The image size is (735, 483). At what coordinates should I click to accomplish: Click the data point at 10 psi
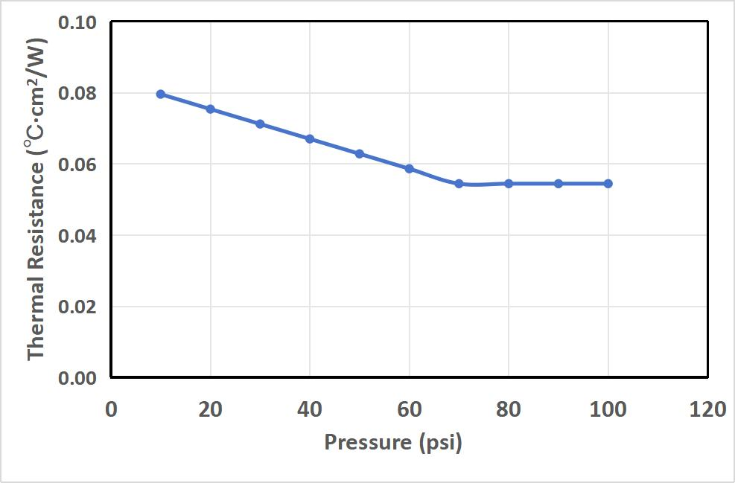(160, 94)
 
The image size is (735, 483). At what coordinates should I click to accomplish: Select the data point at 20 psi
(210, 109)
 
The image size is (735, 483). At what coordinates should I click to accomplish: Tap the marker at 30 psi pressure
(260, 124)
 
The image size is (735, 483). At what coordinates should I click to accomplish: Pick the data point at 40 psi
(310, 139)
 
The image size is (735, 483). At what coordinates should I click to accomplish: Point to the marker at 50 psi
(360, 154)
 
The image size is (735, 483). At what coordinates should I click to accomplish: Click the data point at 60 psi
(409, 169)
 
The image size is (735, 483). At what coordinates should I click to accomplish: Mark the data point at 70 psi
(459, 183)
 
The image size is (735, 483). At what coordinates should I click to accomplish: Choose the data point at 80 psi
(509, 183)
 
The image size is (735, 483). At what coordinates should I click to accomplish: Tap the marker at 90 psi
(559, 183)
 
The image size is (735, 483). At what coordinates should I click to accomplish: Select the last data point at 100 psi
(608, 183)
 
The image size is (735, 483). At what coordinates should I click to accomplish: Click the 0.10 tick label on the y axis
(77, 22)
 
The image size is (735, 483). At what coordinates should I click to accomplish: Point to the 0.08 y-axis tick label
(77, 94)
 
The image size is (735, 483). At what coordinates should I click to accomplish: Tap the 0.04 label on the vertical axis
(77, 236)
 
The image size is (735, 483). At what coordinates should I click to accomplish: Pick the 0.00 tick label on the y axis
(77, 378)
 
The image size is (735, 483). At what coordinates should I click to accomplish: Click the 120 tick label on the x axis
(707, 409)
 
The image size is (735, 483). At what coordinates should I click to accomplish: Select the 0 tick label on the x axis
(111, 409)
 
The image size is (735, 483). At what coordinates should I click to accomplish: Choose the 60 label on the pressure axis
(409, 409)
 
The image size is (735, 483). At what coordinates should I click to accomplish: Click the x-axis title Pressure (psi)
(393, 443)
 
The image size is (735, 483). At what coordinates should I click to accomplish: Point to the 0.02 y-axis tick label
(77, 307)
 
